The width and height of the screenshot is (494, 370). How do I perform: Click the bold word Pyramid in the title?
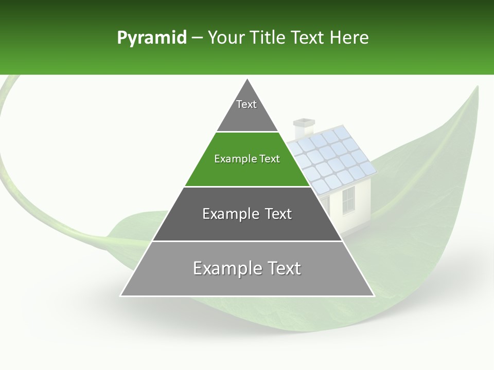(x=151, y=38)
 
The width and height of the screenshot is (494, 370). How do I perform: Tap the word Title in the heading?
(x=268, y=38)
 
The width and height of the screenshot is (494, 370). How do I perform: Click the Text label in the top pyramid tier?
(x=246, y=104)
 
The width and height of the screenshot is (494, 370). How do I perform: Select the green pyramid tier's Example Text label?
(x=247, y=159)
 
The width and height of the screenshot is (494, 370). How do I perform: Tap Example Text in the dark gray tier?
(x=247, y=214)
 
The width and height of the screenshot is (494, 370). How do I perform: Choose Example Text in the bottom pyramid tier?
(x=247, y=268)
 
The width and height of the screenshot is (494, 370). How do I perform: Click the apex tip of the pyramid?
(x=248, y=80)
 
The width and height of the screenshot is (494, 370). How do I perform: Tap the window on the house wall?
(x=348, y=200)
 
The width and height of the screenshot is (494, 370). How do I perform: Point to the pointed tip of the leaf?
(x=477, y=87)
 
